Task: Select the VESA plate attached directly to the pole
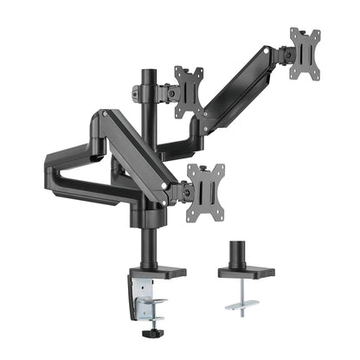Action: click(x=188, y=90)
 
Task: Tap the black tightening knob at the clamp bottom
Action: click(x=155, y=331)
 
